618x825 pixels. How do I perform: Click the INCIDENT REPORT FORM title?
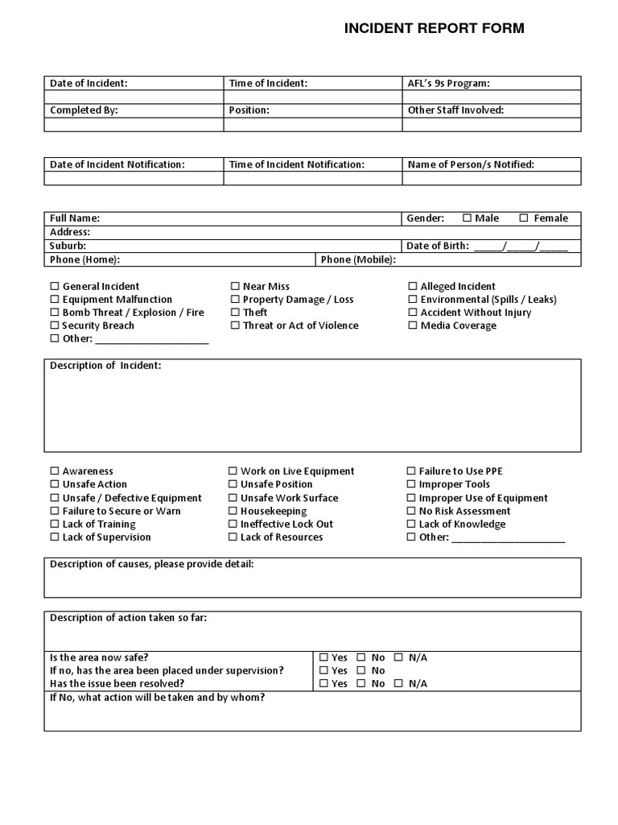pyautogui.click(x=434, y=29)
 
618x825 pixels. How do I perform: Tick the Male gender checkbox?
pyautogui.click(x=468, y=218)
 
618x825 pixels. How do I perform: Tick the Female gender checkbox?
pyautogui.click(x=524, y=218)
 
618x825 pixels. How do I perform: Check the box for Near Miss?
pyautogui.click(x=235, y=287)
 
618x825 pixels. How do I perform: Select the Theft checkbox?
pyautogui.click(x=235, y=313)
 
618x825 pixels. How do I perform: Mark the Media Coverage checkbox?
pyautogui.click(x=413, y=325)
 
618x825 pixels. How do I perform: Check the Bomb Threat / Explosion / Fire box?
pyautogui.click(x=55, y=313)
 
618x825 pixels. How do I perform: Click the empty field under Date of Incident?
pyautogui.click(x=134, y=97)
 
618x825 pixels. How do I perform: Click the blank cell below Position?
pyautogui.click(x=313, y=125)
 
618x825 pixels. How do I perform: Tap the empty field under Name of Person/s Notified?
pyautogui.click(x=492, y=178)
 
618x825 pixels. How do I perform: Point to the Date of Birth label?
pyautogui.click(x=438, y=246)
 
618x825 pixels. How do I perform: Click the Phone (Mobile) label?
pyautogui.click(x=358, y=259)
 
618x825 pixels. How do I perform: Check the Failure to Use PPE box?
pyautogui.click(x=412, y=471)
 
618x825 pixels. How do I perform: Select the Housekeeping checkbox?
pyautogui.click(x=233, y=511)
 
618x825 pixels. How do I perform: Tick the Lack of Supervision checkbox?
pyautogui.click(x=55, y=537)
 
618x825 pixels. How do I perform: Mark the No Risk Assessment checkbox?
pyautogui.click(x=412, y=511)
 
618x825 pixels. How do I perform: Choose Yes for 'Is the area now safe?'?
pyautogui.click(x=323, y=657)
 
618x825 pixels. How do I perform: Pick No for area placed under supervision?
pyautogui.click(x=362, y=670)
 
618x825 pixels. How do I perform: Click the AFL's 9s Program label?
pyautogui.click(x=449, y=83)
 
